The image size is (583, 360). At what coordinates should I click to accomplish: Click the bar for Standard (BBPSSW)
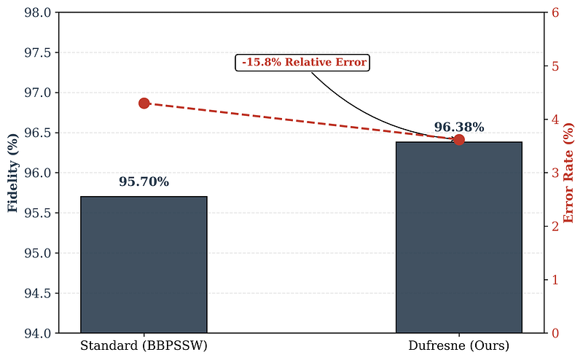point(144,265)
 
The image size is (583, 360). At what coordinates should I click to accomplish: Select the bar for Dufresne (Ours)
point(459,238)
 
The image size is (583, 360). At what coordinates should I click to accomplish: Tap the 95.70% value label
point(144,182)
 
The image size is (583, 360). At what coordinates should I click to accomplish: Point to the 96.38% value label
point(459,128)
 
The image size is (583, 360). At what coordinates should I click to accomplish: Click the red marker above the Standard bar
point(144,103)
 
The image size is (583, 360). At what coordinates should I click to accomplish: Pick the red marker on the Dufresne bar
point(459,139)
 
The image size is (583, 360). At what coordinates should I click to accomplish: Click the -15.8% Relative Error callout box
point(302,63)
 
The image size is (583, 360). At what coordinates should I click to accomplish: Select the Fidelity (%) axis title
point(12,173)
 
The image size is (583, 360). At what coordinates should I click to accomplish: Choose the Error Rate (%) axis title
point(569,173)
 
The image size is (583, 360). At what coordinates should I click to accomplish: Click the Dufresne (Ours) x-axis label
point(459,344)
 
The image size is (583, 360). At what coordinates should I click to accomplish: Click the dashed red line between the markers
point(301,122)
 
